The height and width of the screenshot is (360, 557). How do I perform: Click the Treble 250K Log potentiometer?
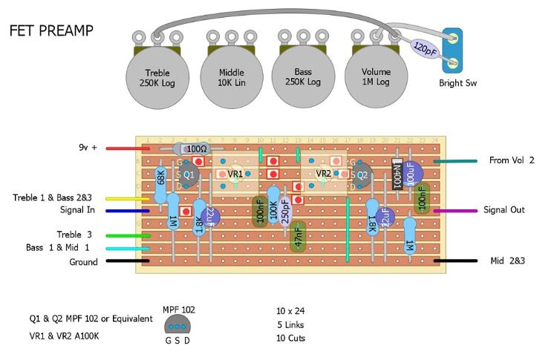pos(157,77)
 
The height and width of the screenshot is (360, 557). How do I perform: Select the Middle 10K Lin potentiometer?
pos(231,77)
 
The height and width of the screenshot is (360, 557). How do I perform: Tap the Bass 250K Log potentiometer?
pos(302,77)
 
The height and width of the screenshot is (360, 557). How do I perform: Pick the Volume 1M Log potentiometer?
pos(375,77)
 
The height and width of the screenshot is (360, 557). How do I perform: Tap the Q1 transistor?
pos(188,174)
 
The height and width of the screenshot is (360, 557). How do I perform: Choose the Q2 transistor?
pos(361,176)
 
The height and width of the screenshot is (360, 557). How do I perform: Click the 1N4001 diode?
pos(397,174)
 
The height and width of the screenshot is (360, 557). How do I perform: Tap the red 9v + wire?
pos(128,148)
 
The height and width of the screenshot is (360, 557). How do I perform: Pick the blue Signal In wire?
pos(128,211)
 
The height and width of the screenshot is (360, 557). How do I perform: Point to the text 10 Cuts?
pos(290,338)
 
